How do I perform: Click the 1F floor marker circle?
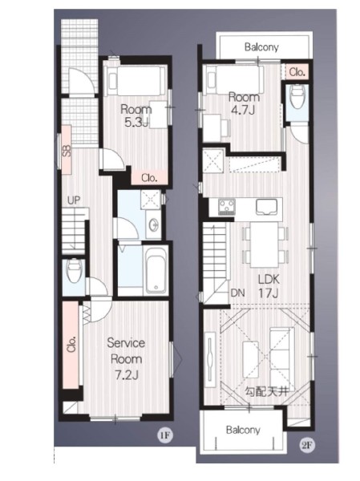pos(165,435)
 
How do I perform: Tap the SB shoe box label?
pos(67,151)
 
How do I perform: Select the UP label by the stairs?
pos(74,200)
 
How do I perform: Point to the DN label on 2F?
pos(237,293)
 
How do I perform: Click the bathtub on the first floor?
pos(156,270)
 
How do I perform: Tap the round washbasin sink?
pos(153,224)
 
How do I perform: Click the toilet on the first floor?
pos(74,270)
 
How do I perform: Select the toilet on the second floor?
pos(297,97)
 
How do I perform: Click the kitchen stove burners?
pos(227,206)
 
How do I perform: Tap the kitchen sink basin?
pos(266,206)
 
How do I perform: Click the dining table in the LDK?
pos(264,245)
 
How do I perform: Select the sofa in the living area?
pos(281,355)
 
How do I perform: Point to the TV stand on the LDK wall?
pos(210,357)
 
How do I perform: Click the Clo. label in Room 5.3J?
pos(149,178)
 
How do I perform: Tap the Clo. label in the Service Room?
pos(71,345)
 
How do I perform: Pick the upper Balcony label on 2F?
pos(261,47)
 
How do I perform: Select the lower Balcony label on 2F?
pos(243,430)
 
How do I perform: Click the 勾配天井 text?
pos(267,392)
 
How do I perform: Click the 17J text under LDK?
pos(269,293)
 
